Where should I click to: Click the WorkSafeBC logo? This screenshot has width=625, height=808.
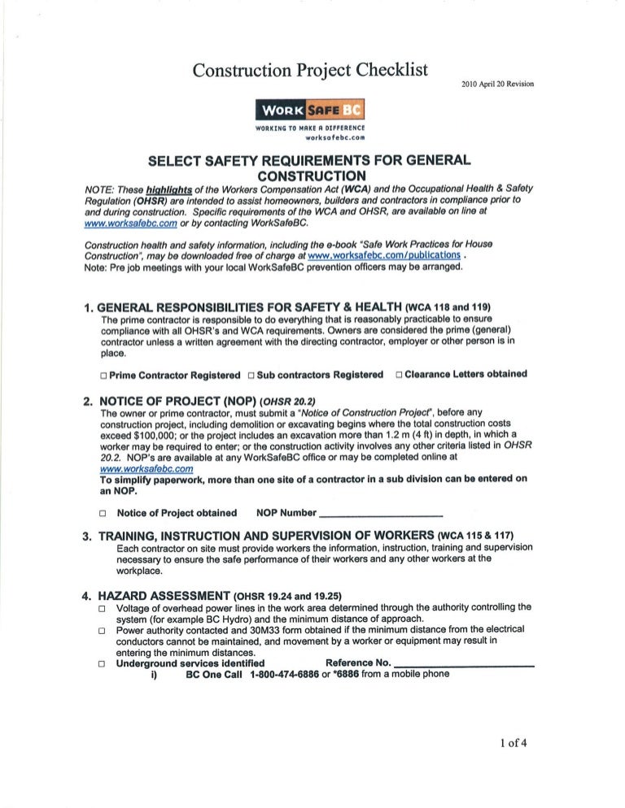[310, 109]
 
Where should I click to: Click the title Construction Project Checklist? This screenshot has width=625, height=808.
[310, 71]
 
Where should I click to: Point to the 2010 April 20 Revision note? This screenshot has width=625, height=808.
[498, 84]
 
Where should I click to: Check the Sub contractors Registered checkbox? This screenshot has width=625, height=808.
[251, 376]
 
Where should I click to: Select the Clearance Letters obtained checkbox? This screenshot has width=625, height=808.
[399, 375]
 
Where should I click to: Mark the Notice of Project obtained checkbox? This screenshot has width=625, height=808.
[103, 514]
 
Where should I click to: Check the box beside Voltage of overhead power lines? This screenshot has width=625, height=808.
[103, 607]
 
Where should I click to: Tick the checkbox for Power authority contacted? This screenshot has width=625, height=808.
[103, 630]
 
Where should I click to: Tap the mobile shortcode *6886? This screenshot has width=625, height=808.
[347, 674]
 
